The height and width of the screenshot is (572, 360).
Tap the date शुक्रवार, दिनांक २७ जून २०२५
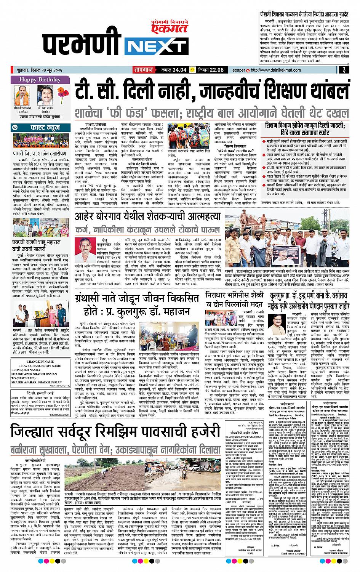coord(42,70)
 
